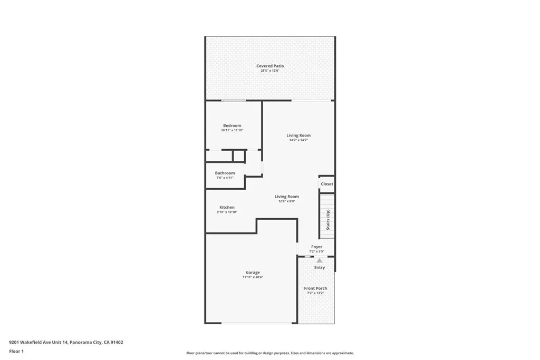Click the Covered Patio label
[x=270, y=66]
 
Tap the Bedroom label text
[x=232, y=125]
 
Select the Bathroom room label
[x=225, y=173]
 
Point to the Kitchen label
[x=227, y=207]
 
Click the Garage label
[x=253, y=273]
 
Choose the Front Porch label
[x=315, y=288]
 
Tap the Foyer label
[x=316, y=247]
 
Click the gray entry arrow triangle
[x=320, y=260]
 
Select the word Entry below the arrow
[x=320, y=268]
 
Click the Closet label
[x=327, y=184]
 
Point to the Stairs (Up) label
[x=328, y=220]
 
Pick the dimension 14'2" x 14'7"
[x=298, y=140]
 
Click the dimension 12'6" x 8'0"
[x=286, y=201]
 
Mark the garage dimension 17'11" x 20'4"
[x=253, y=277]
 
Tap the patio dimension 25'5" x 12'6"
[x=270, y=71]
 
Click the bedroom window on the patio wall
[x=234, y=100]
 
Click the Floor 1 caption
[x=16, y=351]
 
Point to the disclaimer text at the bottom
[x=269, y=353]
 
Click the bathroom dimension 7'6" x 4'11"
[x=225, y=178]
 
